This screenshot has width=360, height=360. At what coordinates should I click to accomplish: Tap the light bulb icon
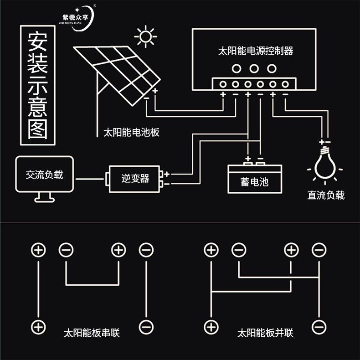coord(325,167)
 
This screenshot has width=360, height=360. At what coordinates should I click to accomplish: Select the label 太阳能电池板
coord(131,133)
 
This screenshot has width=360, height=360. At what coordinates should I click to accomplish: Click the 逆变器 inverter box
coord(135,178)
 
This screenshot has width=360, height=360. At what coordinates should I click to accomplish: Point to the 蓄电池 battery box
coord(254,181)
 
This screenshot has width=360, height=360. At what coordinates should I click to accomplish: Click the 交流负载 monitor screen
coord(44,175)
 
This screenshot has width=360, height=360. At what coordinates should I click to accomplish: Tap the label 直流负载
coord(326,195)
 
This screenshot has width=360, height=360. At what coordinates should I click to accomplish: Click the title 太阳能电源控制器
coord(256,51)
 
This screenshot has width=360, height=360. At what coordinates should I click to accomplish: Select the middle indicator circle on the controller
coord(254,69)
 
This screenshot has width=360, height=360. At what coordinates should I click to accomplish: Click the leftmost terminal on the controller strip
coord(224,84)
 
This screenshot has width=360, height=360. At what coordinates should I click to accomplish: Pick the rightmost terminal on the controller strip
coord(285,84)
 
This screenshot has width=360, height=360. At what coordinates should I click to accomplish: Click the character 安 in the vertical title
coord(38,41)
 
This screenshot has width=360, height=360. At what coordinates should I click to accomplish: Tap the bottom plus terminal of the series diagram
coord(39,327)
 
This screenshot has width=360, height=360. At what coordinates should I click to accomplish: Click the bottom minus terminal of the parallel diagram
coord(319,327)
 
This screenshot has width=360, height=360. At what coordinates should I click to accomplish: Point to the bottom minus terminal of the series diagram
coord(146,327)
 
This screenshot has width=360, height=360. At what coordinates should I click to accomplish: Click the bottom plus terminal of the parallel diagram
coord(211,327)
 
